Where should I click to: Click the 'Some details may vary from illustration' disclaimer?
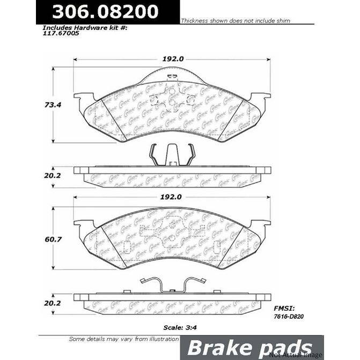[x=123, y=339]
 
